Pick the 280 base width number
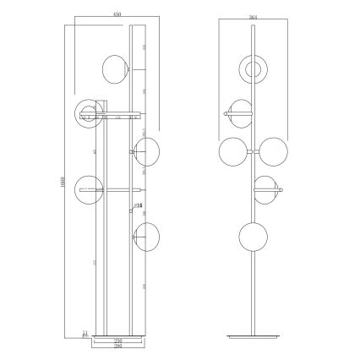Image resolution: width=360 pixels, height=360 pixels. (x=118, y=346)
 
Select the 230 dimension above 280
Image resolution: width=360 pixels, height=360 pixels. (x=118, y=340)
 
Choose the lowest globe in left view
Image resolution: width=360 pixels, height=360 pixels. (x=147, y=232)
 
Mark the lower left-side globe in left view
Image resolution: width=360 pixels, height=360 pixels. (x=88, y=189)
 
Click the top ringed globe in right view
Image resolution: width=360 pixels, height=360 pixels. (x=253, y=68)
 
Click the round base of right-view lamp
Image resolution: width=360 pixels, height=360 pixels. (x=253, y=337)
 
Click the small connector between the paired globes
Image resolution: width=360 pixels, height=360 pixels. (x=254, y=151)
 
